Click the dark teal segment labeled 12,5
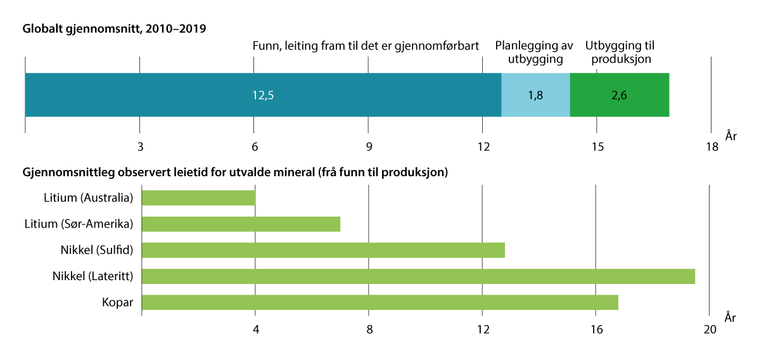pos(263,95)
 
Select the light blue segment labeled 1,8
pos(535,95)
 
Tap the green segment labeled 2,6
pos(619,95)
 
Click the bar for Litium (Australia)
pos(198,198)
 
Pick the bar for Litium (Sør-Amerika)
pos(241,224)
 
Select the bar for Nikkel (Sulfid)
pos(323,250)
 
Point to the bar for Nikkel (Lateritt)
pos(418,276)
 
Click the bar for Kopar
pos(379,302)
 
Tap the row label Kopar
pos(118,302)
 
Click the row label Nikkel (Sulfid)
pos(92,250)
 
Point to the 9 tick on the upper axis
pos(368,147)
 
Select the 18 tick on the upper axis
pos(711,147)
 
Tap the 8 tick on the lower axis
pos(369,330)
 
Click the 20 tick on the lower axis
pos(710,330)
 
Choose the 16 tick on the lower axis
pos(596,330)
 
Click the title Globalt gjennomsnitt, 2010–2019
pos(115,29)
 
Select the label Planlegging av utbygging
pos(534,53)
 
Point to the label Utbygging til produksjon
pos(620,53)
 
